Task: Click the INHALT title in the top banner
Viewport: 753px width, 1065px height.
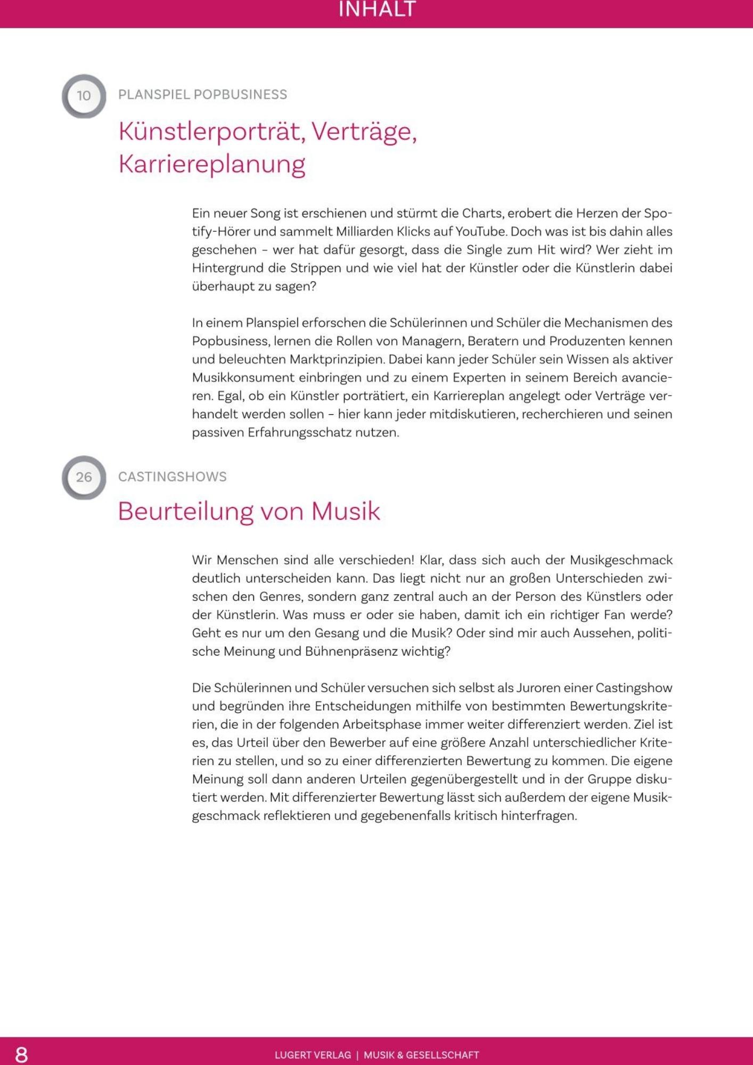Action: (376, 10)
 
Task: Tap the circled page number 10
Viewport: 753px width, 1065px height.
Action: (84, 96)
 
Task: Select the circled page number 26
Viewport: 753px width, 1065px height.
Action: (84, 477)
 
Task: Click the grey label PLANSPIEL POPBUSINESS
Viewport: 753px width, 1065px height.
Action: (202, 95)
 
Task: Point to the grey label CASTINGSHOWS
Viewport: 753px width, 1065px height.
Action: (172, 477)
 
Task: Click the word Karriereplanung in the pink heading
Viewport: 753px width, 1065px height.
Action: (211, 164)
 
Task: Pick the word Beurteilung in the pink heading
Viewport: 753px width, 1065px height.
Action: (185, 511)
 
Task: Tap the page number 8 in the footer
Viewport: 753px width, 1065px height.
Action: (21, 1054)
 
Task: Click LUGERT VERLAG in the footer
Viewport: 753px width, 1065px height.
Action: (313, 1055)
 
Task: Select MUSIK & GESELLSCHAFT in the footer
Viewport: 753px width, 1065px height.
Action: (421, 1055)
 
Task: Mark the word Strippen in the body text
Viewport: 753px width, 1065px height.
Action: (315, 268)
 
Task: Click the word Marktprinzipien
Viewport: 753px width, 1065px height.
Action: (337, 359)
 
